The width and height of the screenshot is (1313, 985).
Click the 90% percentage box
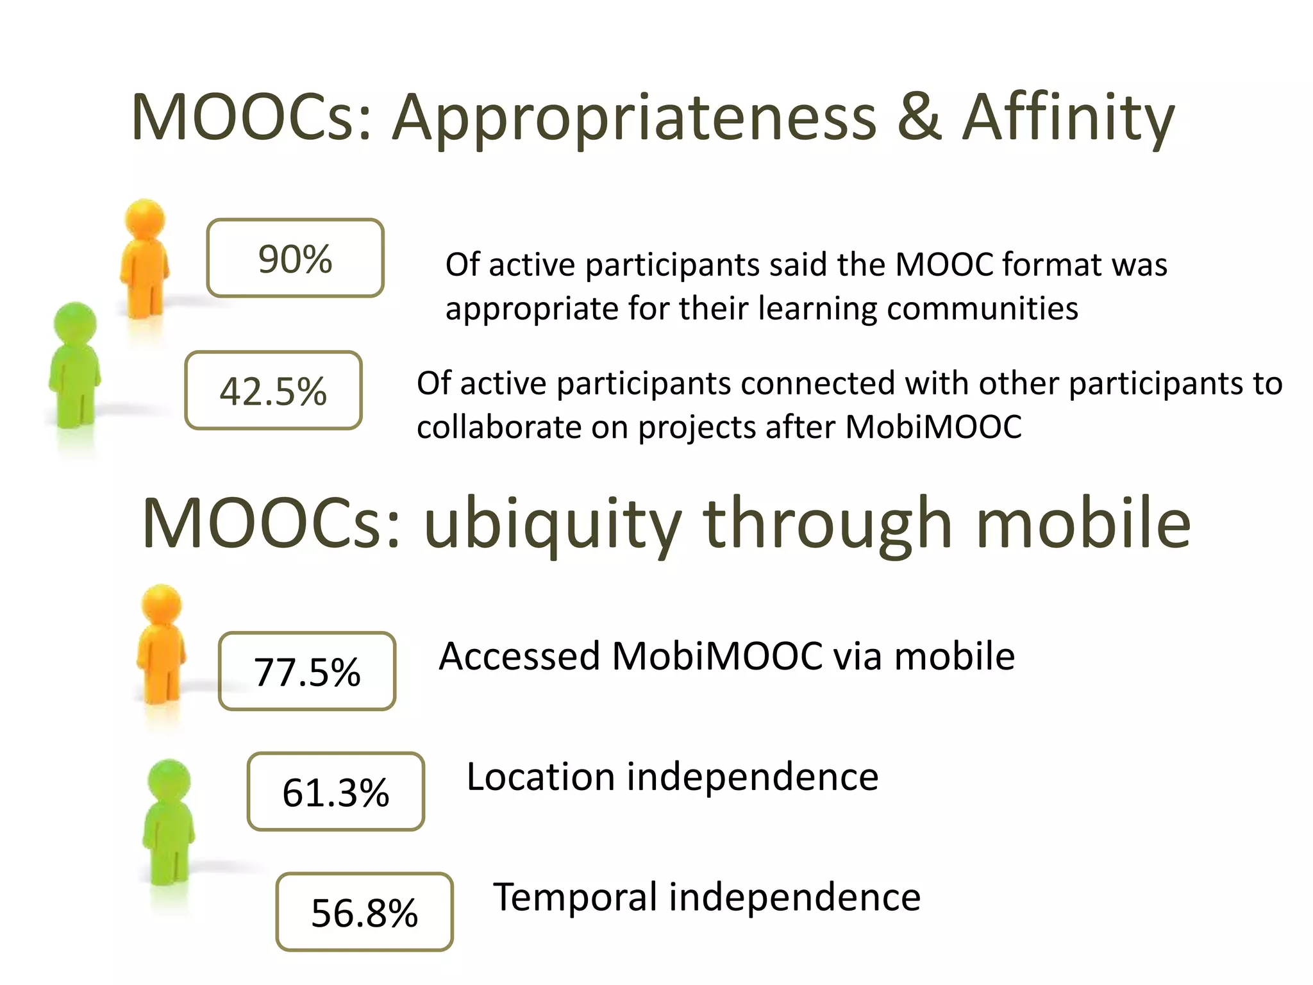coord(295,258)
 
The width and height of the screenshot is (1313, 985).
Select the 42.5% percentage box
coord(273,391)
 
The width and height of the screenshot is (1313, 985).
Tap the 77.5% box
coord(307,671)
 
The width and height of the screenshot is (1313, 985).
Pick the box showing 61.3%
coord(336,791)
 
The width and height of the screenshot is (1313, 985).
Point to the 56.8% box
coord(364,911)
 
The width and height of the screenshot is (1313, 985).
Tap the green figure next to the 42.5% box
coord(74,366)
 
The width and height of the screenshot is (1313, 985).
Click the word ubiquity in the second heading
coord(553,525)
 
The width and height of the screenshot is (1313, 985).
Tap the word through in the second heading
coord(828,525)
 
